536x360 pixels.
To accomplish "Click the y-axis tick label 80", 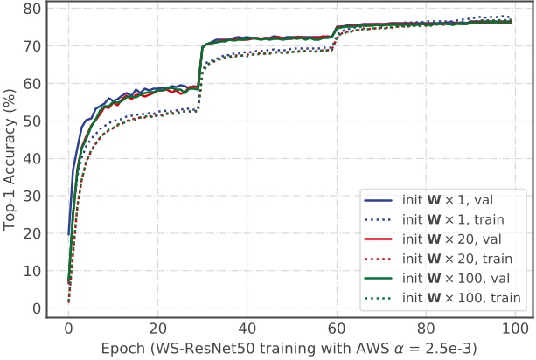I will tap(32, 9).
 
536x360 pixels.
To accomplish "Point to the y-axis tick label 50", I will tap(32, 121).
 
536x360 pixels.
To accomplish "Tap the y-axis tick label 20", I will tap(32, 233).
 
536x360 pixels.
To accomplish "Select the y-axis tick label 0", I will tap(37, 308).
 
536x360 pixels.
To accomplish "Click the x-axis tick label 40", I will tap(247, 329).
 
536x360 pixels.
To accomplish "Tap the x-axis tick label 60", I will tap(337, 329).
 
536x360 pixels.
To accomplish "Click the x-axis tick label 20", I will tap(158, 329).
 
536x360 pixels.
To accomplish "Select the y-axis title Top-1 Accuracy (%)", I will tap(10, 157).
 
